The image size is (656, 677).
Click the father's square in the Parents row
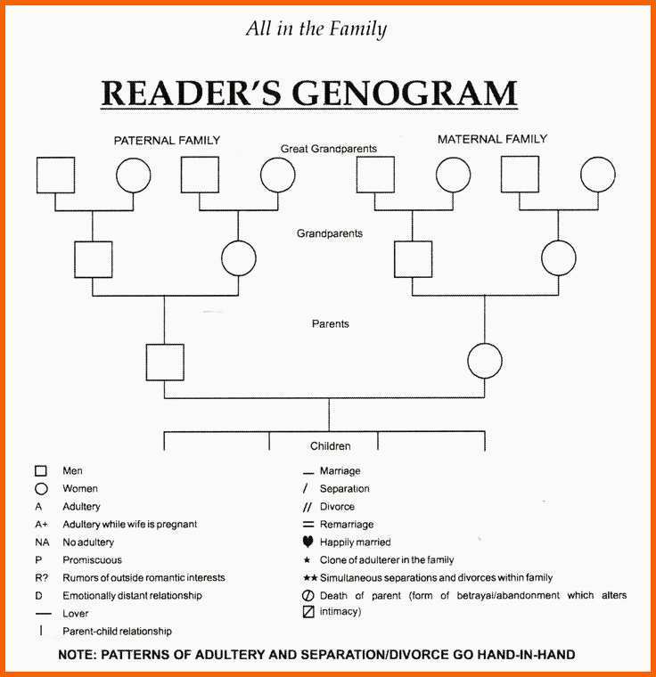coord(146,363)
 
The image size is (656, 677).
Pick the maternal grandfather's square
coord(395,259)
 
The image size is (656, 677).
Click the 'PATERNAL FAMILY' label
coord(167,141)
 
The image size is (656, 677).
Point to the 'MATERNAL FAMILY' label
coord(492,139)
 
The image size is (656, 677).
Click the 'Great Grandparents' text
coord(328,149)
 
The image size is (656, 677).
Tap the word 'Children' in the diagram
coord(330,446)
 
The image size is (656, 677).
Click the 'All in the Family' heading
coord(316,29)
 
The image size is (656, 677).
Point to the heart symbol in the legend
coord(307,542)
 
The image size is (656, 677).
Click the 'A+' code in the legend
coord(42,524)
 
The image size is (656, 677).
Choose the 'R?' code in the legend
coord(42,578)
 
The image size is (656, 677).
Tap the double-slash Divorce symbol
coord(307,507)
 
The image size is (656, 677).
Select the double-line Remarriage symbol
coord(308,524)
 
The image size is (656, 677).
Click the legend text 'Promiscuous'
coord(92,560)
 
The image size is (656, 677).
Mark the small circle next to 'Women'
coord(41,489)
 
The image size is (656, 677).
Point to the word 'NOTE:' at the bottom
coord(78,655)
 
